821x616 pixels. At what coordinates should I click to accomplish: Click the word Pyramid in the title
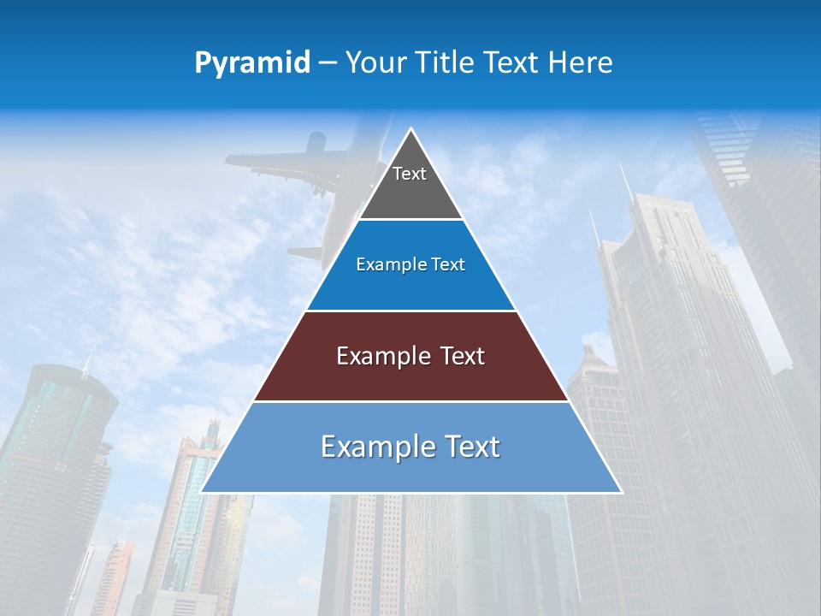point(251,63)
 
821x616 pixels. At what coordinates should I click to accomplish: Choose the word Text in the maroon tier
point(462,356)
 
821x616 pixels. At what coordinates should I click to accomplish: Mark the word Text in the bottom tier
point(473,447)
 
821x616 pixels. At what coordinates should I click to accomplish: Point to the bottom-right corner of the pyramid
point(621,492)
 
